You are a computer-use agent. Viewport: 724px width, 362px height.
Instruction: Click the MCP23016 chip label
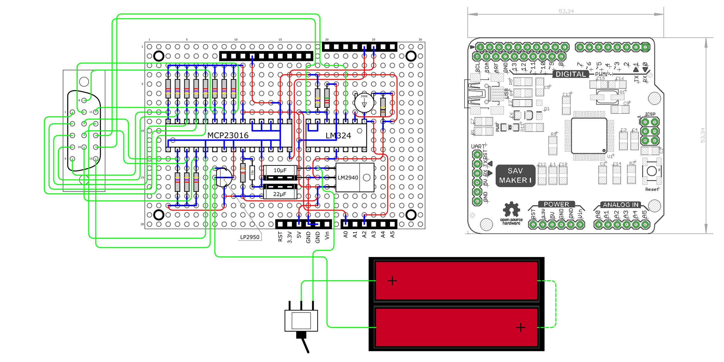pyautogui.click(x=228, y=135)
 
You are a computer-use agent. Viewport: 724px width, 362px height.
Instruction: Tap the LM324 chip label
pyautogui.click(x=338, y=136)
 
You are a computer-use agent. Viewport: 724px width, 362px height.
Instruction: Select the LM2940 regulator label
pyautogui.click(x=348, y=178)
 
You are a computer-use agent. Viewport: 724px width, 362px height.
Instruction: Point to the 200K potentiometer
pyautogui.click(x=364, y=103)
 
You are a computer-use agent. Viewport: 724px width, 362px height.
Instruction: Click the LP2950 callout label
pyautogui.click(x=249, y=237)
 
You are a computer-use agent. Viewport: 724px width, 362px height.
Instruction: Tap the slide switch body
pyautogui.click(x=301, y=320)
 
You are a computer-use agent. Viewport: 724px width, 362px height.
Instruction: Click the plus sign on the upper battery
pyautogui.click(x=392, y=281)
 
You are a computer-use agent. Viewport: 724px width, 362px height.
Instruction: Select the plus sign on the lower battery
pyautogui.click(x=521, y=327)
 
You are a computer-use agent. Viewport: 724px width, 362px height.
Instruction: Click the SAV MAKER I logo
pyautogui.click(x=515, y=176)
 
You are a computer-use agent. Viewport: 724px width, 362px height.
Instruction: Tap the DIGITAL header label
pyautogui.click(x=570, y=74)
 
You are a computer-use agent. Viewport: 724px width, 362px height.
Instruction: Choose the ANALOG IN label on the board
pyautogui.click(x=621, y=205)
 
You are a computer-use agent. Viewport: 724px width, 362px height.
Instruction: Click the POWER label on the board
pyautogui.click(x=556, y=204)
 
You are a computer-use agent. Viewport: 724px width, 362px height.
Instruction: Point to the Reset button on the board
pyautogui.click(x=652, y=171)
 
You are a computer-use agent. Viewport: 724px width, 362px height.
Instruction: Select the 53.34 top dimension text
pyautogui.click(x=566, y=11)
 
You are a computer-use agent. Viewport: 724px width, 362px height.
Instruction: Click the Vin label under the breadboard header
pyautogui.click(x=327, y=236)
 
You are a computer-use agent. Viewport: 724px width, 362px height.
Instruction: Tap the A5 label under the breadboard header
pyautogui.click(x=392, y=234)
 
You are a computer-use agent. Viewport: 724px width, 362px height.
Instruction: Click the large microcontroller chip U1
pyautogui.click(x=589, y=135)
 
